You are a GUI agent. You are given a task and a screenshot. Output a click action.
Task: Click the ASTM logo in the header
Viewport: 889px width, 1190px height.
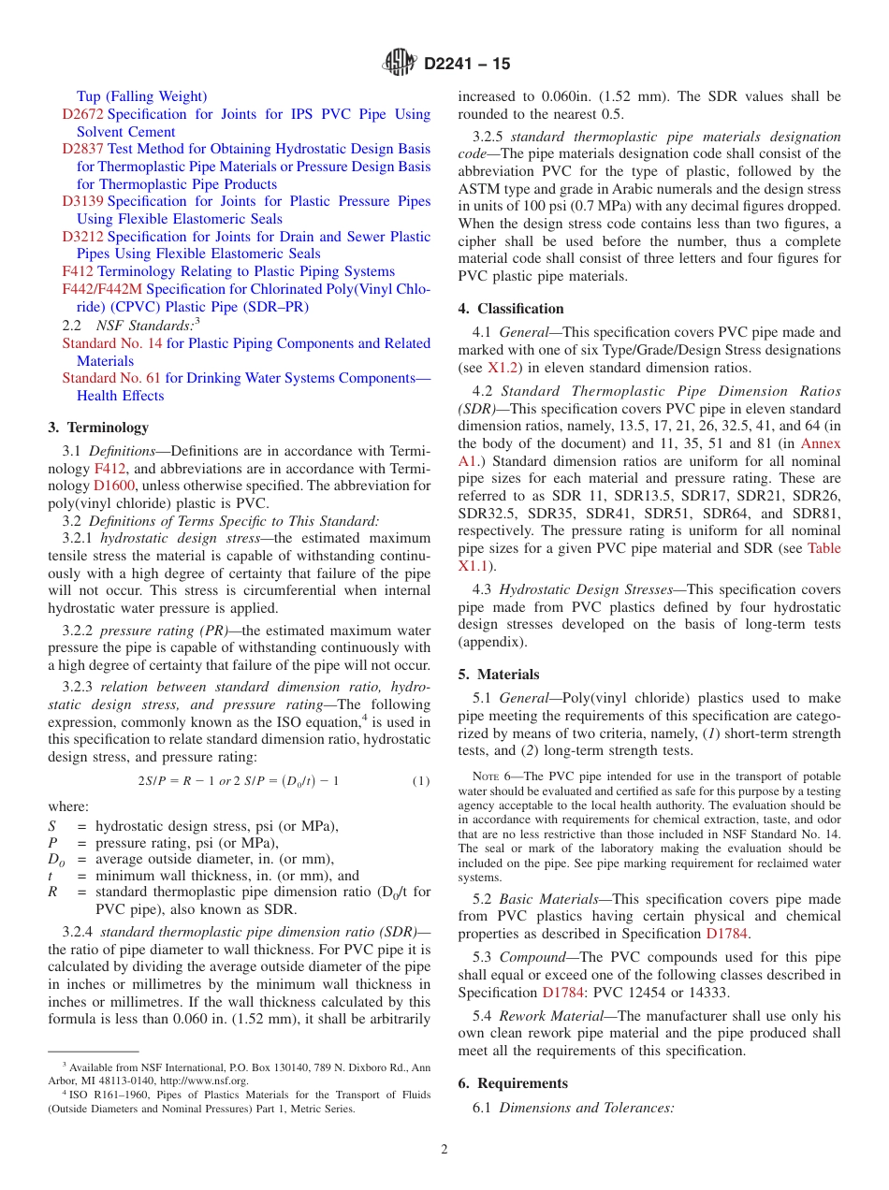[x=400, y=64]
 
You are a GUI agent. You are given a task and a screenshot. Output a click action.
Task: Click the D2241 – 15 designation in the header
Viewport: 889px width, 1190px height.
[x=467, y=65]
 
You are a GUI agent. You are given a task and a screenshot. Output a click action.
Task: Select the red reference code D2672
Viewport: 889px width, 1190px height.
[x=83, y=114]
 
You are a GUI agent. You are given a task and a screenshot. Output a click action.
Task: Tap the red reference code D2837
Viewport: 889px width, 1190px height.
[x=83, y=149]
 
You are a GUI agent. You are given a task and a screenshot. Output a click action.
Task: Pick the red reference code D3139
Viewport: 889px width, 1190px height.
[x=83, y=201]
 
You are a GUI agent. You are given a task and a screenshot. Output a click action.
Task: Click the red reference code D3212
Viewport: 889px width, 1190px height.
[x=83, y=237]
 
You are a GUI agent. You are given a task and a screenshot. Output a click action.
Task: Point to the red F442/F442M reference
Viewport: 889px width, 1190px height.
[x=102, y=289]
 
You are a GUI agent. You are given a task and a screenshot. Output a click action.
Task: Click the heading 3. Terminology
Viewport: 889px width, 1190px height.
[x=98, y=428]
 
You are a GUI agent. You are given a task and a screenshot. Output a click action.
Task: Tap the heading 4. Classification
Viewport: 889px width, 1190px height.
[x=511, y=309]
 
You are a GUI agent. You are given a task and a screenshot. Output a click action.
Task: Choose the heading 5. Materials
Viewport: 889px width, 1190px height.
[x=499, y=675]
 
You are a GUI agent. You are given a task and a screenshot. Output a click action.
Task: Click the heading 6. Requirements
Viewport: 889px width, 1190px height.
[x=513, y=1083]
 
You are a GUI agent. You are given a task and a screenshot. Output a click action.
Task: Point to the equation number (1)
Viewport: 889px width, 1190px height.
[x=421, y=781]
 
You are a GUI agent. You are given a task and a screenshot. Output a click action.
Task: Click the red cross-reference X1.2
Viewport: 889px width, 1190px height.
[x=503, y=368]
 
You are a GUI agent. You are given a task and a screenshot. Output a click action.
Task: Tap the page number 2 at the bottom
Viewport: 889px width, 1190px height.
[x=444, y=1150]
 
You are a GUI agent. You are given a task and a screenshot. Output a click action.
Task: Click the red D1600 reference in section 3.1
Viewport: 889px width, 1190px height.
[x=112, y=486]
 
